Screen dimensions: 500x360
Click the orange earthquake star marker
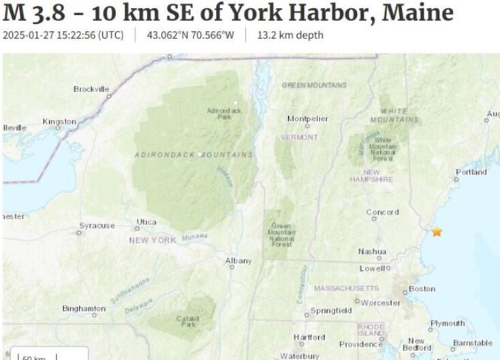(x=437, y=231)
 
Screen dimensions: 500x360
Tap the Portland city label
(x=471, y=172)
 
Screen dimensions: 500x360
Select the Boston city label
(x=422, y=289)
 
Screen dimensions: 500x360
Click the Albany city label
(x=238, y=261)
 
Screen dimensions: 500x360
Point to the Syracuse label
(x=97, y=225)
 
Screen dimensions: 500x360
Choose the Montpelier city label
(x=307, y=118)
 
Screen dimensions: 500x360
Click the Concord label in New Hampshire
(x=382, y=212)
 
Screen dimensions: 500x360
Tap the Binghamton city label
(x=84, y=308)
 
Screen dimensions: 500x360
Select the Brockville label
(x=91, y=89)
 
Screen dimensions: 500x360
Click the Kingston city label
(x=59, y=121)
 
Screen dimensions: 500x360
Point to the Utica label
(x=146, y=222)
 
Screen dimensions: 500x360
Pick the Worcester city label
(x=381, y=302)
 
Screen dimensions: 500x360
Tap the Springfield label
(x=331, y=311)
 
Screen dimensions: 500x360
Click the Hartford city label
(x=309, y=337)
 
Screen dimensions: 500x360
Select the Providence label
(x=361, y=344)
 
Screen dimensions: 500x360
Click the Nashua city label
(x=372, y=252)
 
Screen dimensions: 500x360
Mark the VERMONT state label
(x=299, y=137)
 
